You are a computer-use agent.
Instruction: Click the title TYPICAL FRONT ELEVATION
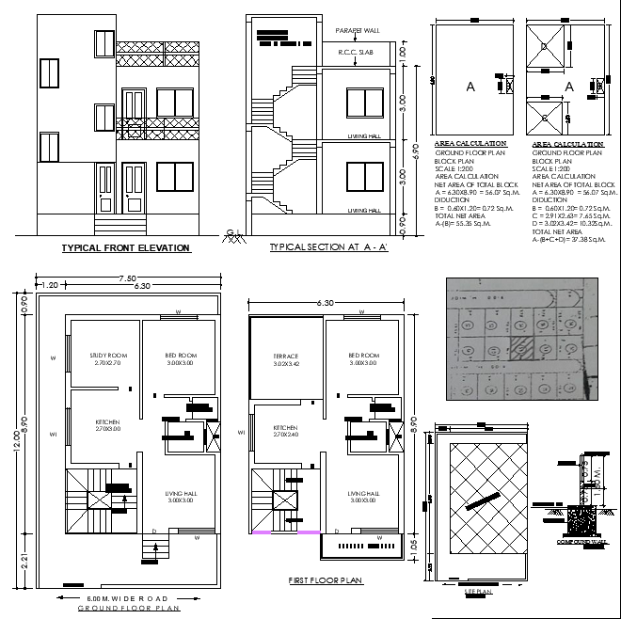click(x=125, y=248)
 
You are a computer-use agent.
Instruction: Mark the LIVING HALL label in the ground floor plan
click(x=178, y=494)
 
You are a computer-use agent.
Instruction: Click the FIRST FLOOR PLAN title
click(x=326, y=581)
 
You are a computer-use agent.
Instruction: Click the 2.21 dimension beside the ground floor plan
click(x=25, y=563)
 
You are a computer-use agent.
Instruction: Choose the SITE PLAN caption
click(x=479, y=591)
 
